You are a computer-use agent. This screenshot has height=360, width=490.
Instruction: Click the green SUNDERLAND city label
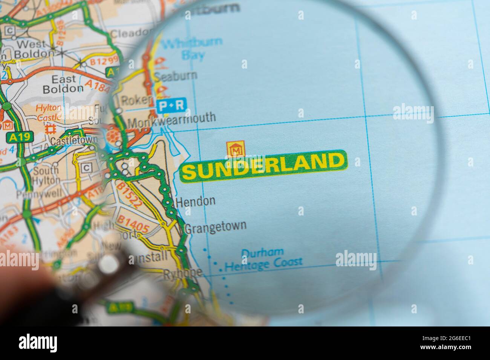coord(263,166)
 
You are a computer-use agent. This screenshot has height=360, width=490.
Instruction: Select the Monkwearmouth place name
coord(172,119)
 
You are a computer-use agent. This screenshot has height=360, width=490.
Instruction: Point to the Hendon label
coord(196,201)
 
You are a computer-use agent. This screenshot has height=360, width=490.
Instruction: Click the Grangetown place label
coord(215,227)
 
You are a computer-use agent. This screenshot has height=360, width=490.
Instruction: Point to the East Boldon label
coord(63,84)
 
